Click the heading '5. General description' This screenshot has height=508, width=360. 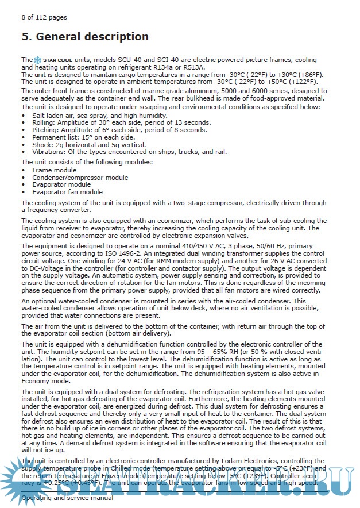(x=85, y=37)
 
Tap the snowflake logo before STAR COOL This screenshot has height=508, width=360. (x=38, y=60)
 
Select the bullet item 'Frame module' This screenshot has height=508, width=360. (x=54, y=171)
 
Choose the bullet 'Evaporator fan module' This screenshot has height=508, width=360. (x=67, y=192)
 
